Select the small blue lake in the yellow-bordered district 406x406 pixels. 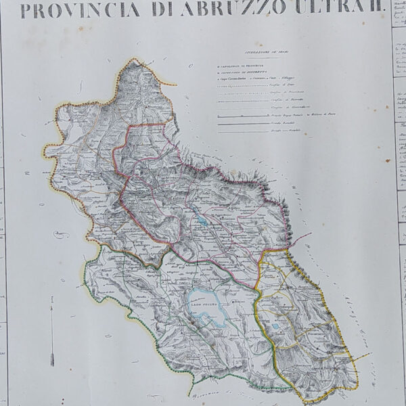pos(277,327)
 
